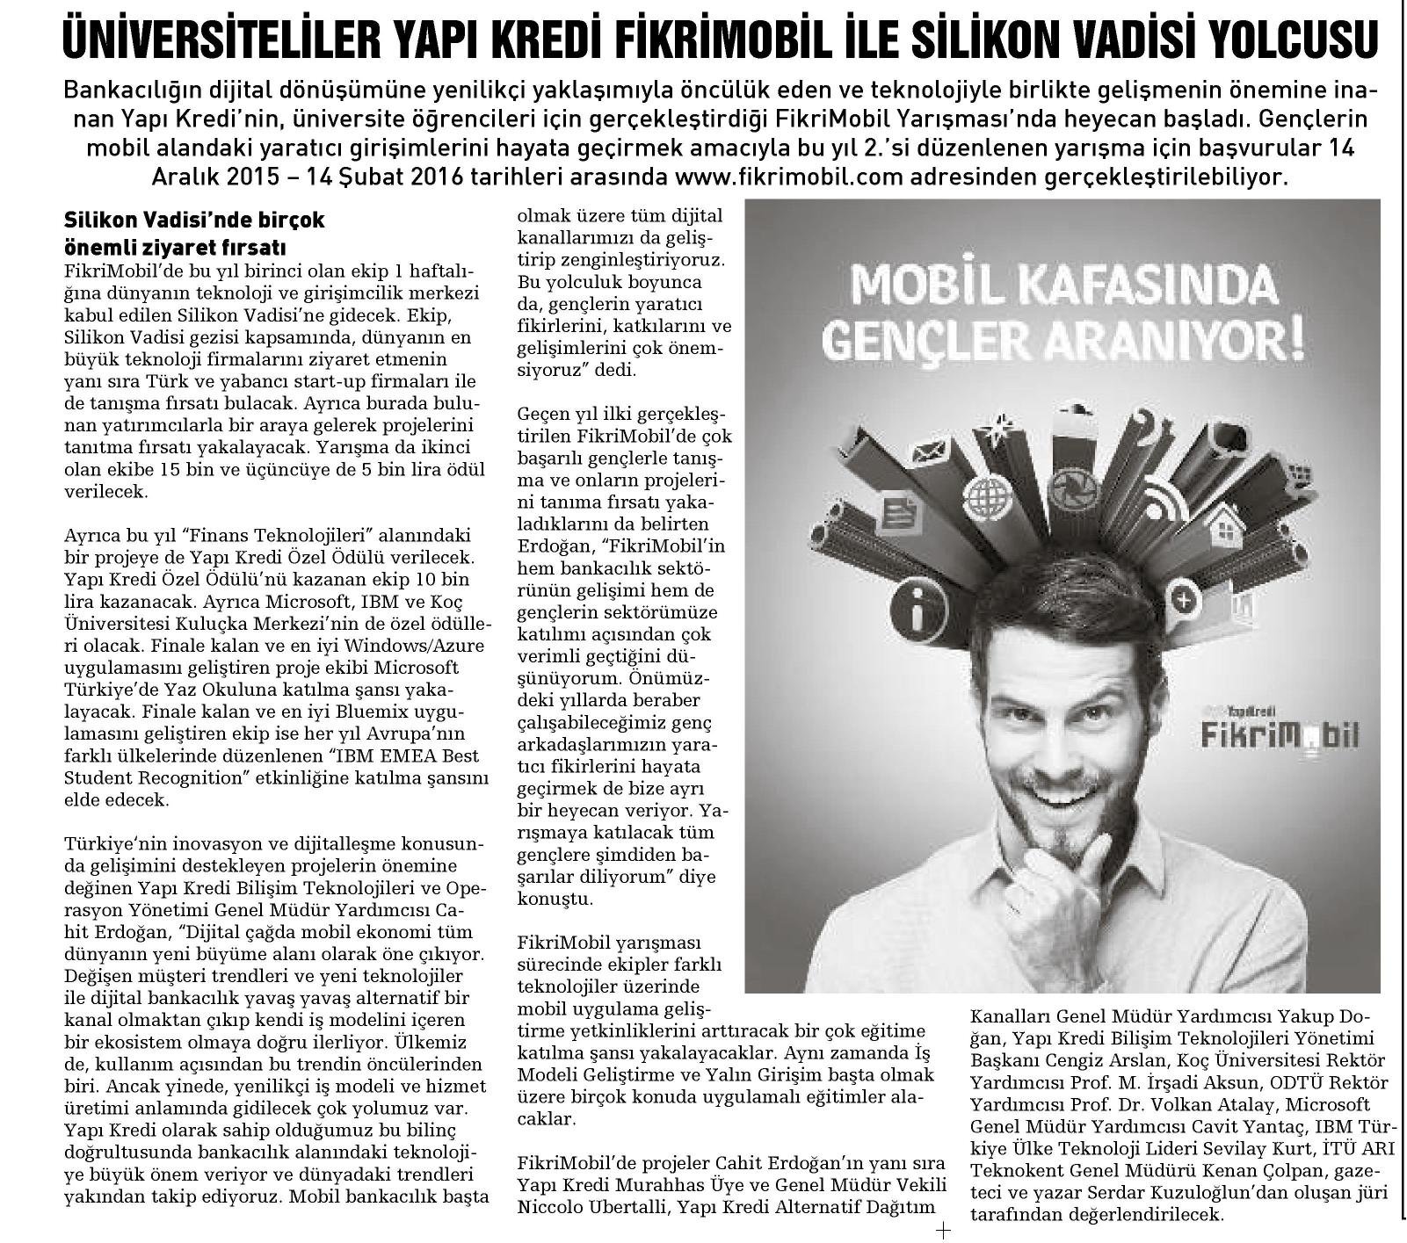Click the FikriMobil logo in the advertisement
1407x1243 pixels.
pyautogui.click(x=1278, y=731)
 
